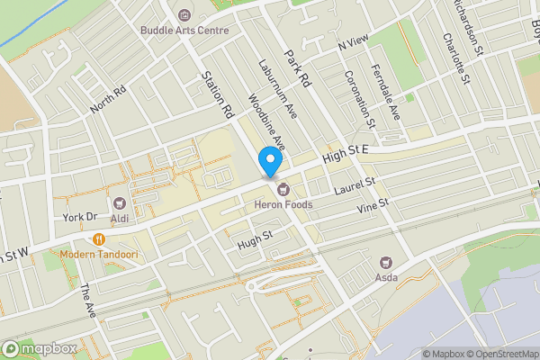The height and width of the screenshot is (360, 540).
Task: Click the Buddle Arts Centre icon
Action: [x=184, y=14]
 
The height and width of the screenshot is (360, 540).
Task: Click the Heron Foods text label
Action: [x=283, y=205]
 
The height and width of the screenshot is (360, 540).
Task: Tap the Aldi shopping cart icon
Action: [x=120, y=203]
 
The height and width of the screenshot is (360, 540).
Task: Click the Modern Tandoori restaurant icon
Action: [x=98, y=239]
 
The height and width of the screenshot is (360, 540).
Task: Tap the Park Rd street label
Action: [x=297, y=67]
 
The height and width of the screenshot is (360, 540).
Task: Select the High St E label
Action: [x=346, y=156]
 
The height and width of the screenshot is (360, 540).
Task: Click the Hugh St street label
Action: [x=255, y=239]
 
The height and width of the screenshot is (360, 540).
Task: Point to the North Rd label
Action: [x=109, y=100]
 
